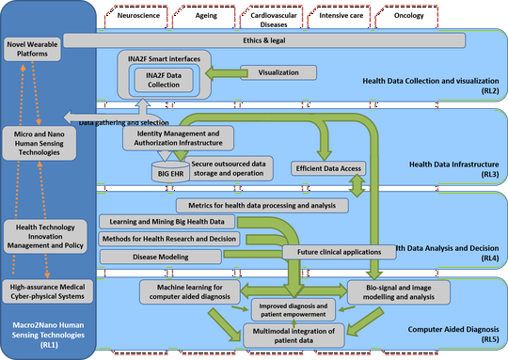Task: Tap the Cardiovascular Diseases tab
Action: [x=266, y=20]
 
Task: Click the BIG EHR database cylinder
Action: [x=170, y=173]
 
